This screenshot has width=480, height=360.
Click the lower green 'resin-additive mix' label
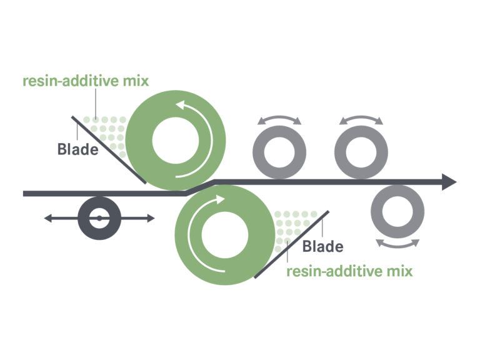349,272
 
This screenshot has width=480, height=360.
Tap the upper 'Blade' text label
77,149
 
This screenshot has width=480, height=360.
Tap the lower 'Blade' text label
322,246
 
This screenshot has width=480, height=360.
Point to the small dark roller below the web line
99,218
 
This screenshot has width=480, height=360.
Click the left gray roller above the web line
279,152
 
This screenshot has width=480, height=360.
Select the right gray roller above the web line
361,152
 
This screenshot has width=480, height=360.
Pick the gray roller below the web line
398,211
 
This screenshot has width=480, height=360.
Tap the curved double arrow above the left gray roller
279,119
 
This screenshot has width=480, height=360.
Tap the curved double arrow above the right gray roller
361,119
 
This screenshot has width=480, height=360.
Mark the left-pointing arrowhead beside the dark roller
48,218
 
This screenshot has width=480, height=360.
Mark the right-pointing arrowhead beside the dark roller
149,218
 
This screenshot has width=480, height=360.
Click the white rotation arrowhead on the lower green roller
219,199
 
